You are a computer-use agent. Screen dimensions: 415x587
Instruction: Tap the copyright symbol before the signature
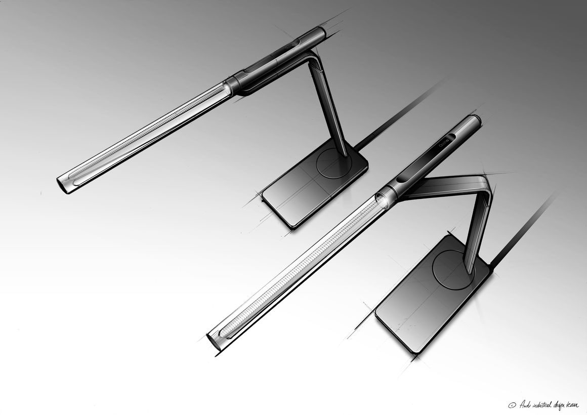(511, 405)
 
